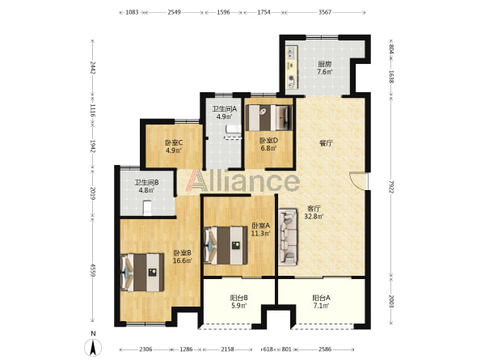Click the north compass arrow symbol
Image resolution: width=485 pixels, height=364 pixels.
[93, 347]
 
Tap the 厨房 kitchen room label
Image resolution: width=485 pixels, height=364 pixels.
[325, 65]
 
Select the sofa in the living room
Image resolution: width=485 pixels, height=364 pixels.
[288, 238]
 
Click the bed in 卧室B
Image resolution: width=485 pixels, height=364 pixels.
[142, 273]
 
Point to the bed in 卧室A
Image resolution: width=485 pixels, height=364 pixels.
[226, 245]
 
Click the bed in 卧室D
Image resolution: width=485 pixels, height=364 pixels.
[269, 118]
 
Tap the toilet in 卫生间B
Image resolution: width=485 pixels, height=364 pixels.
[147, 208]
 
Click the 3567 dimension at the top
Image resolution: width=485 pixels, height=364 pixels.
[325, 12]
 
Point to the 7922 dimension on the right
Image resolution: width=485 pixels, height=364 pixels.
[391, 187]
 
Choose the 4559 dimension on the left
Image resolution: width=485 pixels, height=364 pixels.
[92, 270]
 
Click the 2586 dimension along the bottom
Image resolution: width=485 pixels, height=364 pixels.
[325, 349]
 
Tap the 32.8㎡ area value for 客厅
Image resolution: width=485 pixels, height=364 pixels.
[314, 216]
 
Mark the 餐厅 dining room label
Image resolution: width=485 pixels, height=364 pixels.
[326, 143]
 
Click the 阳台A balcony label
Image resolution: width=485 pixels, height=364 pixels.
[321, 298]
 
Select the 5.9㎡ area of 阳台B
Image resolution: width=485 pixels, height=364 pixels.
[238, 306]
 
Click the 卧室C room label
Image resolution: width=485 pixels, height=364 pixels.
[174, 142]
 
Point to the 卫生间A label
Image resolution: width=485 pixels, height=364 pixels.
[224, 109]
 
